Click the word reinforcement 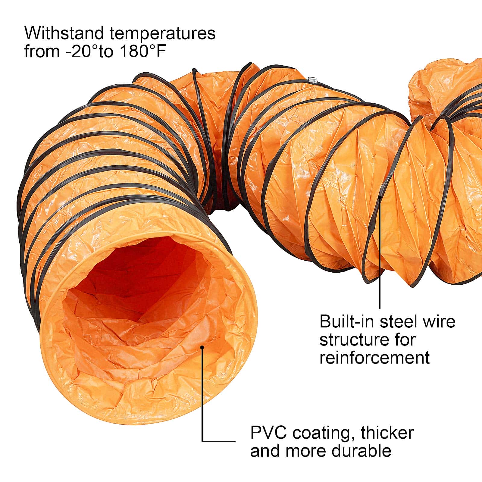374,358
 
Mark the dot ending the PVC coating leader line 202,347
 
